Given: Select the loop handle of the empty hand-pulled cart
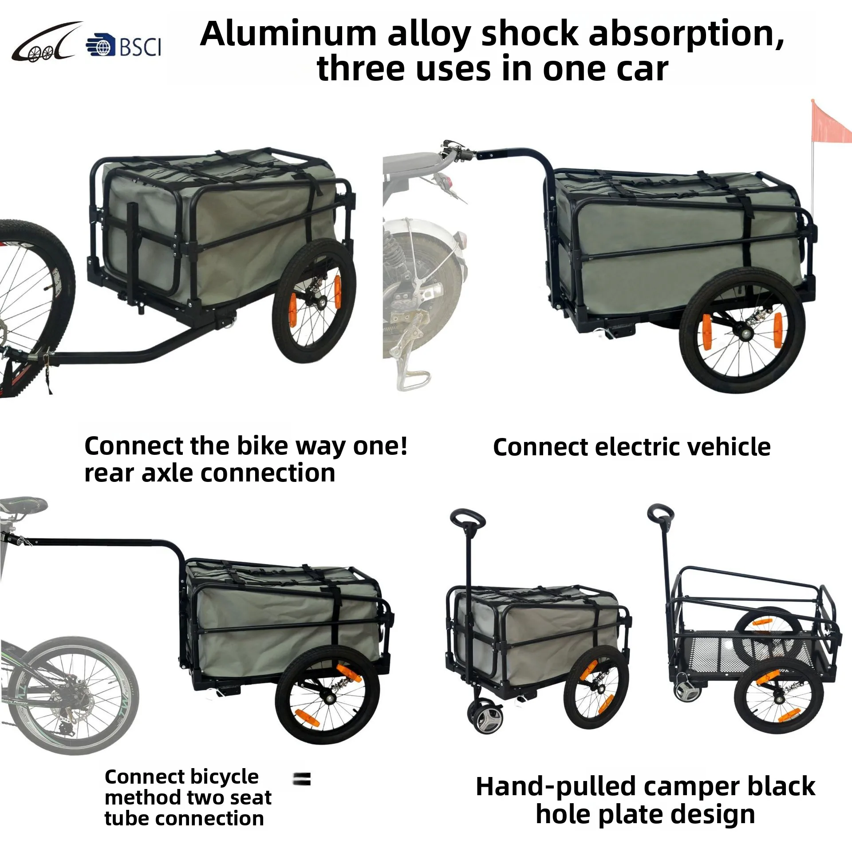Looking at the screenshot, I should (x=661, y=513).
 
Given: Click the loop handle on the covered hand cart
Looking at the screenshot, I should (x=468, y=518).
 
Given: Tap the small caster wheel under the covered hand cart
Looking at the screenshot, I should (x=483, y=719).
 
